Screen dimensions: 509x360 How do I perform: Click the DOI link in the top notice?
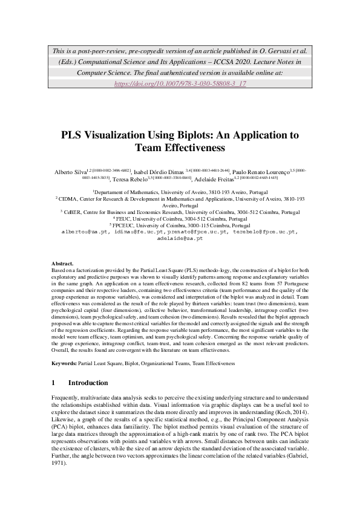(x=180, y=83)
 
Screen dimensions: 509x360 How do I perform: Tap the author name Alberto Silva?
(x=68, y=172)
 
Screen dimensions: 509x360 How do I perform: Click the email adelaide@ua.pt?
(x=180, y=238)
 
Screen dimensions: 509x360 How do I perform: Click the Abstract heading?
(x=64, y=280)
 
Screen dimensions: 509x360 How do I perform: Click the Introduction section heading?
(x=88, y=383)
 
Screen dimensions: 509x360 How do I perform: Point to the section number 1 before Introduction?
(x=53, y=383)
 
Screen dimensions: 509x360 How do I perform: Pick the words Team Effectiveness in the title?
(x=180, y=148)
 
